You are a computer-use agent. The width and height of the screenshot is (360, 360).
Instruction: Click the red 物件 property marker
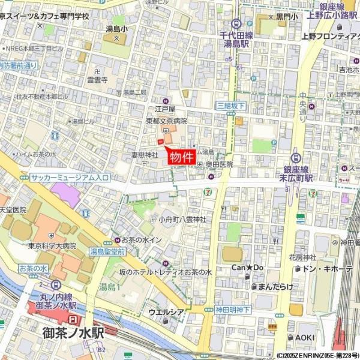(x=181, y=157)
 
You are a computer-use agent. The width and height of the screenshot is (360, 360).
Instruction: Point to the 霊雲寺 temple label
(x=97, y=79)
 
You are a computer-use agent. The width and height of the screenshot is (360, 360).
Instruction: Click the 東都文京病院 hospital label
(x=166, y=121)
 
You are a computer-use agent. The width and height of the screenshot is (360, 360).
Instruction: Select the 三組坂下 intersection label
(x=231, y=106)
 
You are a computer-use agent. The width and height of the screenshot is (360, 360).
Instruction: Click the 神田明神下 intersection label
(x=233, y=310)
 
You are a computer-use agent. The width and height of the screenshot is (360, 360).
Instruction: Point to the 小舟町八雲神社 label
(x=182, y=220)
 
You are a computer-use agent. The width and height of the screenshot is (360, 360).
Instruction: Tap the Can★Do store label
(x=248, y=267)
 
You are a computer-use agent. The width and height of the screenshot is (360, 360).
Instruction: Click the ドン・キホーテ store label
(x=331, y=268)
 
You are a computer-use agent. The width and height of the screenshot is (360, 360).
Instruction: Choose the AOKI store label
(x=305, y=337)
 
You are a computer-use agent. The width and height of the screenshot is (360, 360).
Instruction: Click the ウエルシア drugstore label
(x=166, y=312)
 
